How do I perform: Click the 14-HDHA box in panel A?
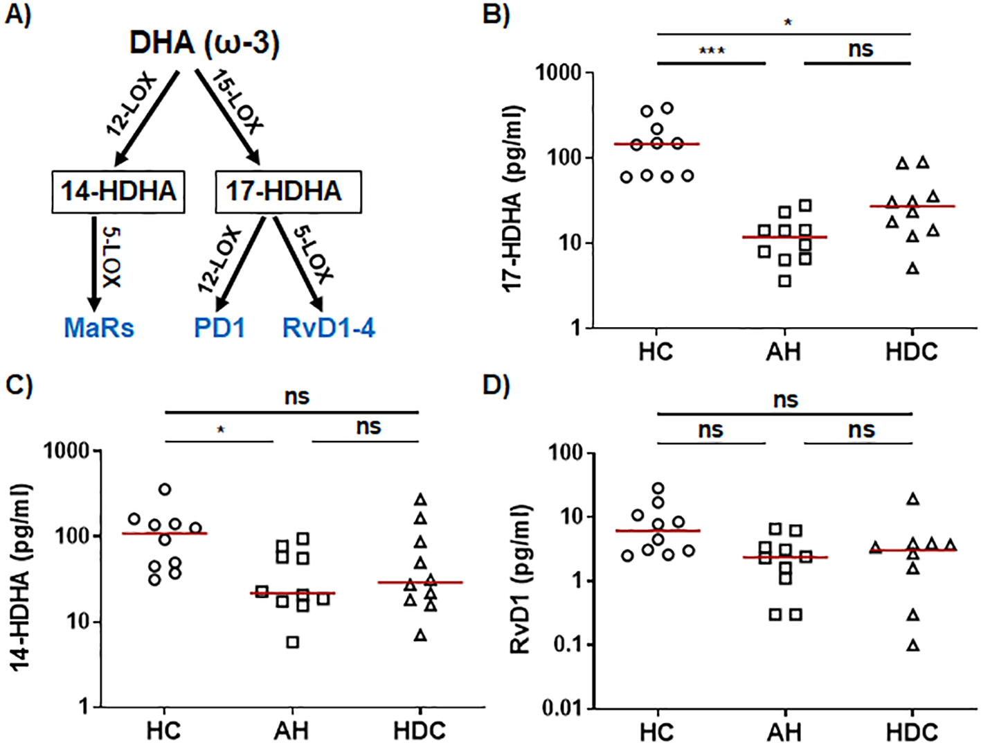coord(118,191)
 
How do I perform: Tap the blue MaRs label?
coord(99,327)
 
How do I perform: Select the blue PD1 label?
coord(219,327)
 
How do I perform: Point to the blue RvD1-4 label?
coord(329,327)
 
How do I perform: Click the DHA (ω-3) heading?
coord(204,43)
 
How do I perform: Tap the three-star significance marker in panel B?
coord(712,51)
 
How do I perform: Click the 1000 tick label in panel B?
coord(558,73)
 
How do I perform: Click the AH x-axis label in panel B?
coord(784,352)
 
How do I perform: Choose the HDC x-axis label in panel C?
coord(420,730)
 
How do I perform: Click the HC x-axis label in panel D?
coord(656,731)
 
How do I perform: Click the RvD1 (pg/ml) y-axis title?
coord(519,579)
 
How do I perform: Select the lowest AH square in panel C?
coord(293,642)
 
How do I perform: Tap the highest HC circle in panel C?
coord(165,489)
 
